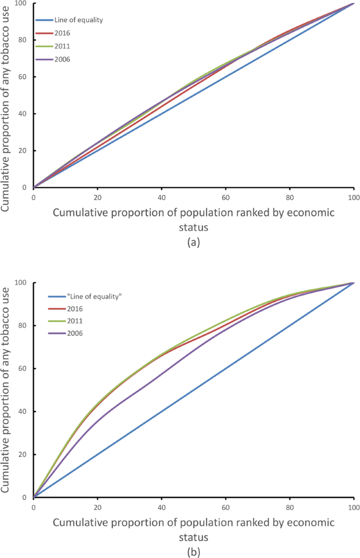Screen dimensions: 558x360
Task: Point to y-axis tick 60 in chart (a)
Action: click(x=23, y=77)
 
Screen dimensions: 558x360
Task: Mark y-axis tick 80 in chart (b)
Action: click(x=23, y=326)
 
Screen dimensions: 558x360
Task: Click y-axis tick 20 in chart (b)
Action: click(x=23, y=454)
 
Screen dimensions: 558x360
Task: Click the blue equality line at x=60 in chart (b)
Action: click(x=225, y=368)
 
